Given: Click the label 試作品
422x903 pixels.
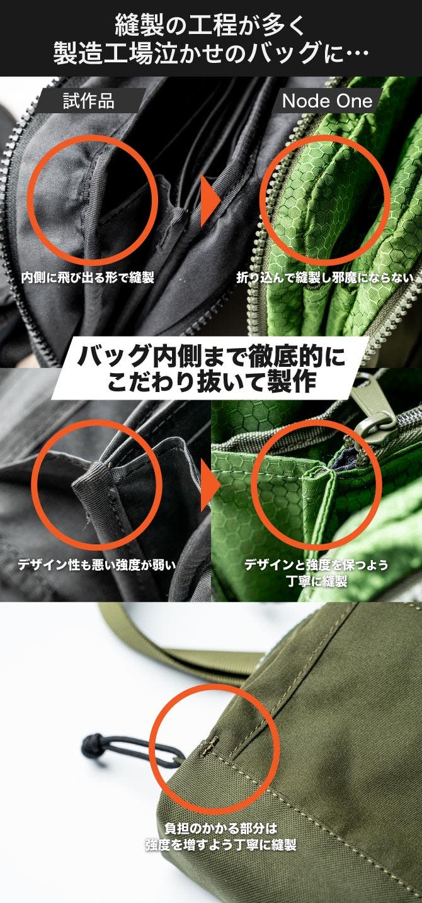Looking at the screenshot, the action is point(89,101).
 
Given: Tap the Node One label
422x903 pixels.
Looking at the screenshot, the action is point(327,101).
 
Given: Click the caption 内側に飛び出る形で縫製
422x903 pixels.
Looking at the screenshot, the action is point(88,278).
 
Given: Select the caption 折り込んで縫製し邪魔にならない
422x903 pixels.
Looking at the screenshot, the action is point(325,278).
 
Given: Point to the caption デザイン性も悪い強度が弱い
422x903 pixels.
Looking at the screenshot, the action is point(97,565).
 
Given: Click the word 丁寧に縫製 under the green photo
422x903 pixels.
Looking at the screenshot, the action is point(317,581).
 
